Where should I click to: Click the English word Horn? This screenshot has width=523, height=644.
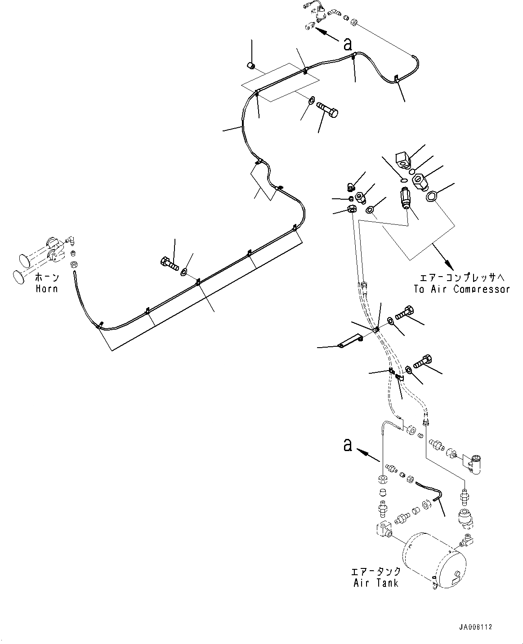pyautogui.click(x=47, y=288)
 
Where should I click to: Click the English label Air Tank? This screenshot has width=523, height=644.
pyautogui.click(x=376, y=583)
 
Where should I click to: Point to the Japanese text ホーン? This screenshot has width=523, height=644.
pyautogui.click(x=47, y=277)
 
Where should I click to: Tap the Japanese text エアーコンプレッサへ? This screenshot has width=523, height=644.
pyautogui.click(x=462, y=277)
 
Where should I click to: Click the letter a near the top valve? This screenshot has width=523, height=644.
pyautogui.click(x=347, y=44)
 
